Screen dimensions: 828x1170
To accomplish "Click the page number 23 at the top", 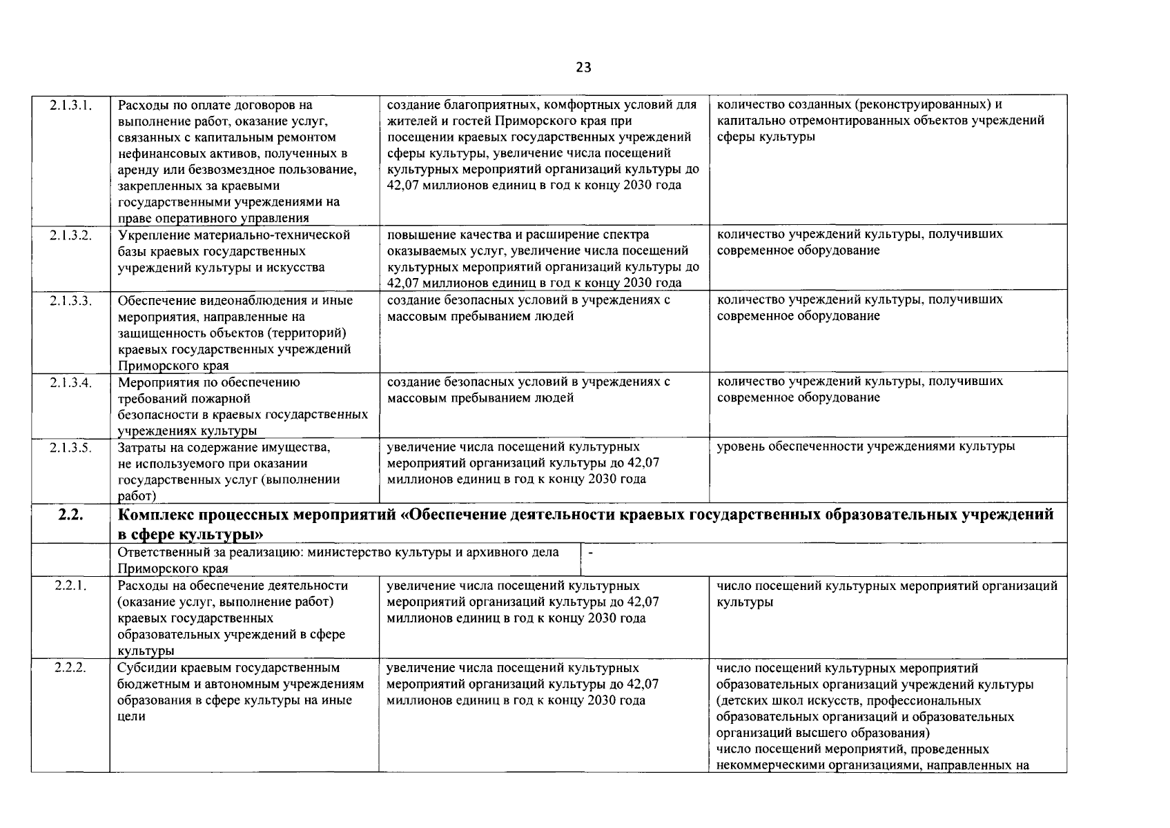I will [583, 68].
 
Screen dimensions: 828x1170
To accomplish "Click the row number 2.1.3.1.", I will [71, 106].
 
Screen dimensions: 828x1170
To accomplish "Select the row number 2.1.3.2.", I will [71, 235].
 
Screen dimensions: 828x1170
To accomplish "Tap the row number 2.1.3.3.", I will [71, 300].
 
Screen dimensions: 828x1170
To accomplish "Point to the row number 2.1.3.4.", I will [71, 382].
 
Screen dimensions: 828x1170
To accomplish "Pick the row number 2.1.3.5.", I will [71, 447].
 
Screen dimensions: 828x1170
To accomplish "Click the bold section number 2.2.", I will [70, 515].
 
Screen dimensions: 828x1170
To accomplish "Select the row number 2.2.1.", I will [70, 586].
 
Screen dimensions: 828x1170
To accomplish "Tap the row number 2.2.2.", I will [70, 668].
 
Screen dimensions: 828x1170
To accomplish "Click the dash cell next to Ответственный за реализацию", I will [591, 552].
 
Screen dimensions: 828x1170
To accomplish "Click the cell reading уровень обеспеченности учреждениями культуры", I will [866, 447].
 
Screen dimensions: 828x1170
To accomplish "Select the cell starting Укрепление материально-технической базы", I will [234, 251].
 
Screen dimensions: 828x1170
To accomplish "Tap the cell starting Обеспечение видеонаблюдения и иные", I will [235, 333].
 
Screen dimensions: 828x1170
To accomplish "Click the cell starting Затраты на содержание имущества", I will [228, 471].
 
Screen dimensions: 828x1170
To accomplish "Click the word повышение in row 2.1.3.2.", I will [418, 235].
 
